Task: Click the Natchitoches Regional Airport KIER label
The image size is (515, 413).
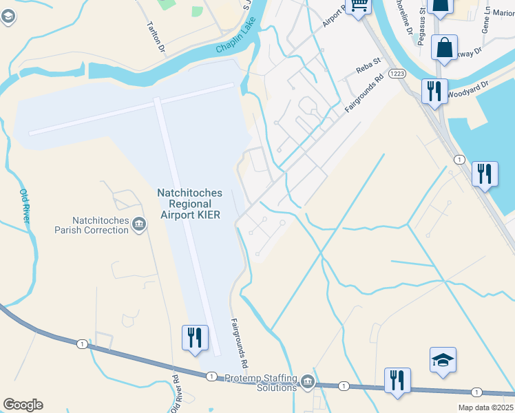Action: coord(189,204)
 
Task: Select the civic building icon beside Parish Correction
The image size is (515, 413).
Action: coord(139,224)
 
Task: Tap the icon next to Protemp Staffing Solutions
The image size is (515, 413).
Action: coord(307,381)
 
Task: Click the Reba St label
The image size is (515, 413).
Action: coord(368,67)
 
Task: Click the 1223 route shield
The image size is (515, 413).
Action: coord(396,74)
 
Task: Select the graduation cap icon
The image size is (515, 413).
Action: coord(443,360)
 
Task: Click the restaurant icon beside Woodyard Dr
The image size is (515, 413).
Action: coord(434,91)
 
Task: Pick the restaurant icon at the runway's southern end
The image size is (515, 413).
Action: coord(194,337)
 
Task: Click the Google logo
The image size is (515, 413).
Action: coord(23,405)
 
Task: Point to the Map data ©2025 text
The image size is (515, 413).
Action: coord(485,407)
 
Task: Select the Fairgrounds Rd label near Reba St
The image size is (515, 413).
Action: coord(362,98)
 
